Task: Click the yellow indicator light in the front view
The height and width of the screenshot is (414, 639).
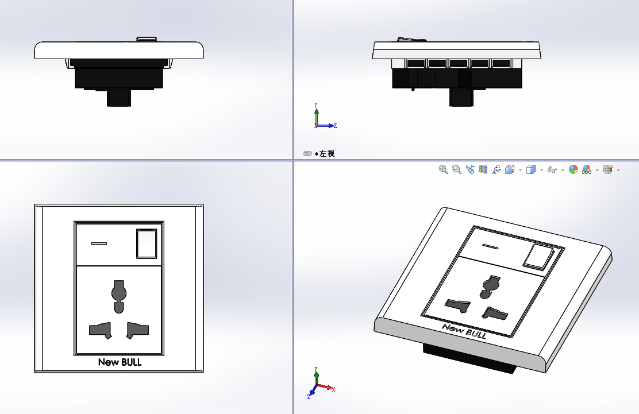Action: click(99, 243)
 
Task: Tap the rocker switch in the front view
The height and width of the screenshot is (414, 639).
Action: click(147, 243)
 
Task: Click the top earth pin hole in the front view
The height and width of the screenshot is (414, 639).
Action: click(119, 296)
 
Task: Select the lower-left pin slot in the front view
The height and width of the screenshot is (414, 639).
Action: click(100, 330)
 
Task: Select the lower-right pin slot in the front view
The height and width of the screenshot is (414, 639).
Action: click(137, 330)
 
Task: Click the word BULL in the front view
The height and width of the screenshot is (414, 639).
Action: click(131, 362)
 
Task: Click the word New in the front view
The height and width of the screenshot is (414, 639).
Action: click(109, 362)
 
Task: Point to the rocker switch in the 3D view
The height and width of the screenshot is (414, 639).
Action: click(538, 257)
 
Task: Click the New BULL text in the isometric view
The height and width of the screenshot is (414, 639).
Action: click(464, 331)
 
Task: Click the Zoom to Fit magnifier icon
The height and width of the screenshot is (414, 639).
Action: click(444, 169)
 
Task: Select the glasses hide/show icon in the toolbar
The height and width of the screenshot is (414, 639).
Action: click(552, 170)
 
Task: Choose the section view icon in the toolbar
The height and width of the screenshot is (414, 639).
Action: click(483, 169)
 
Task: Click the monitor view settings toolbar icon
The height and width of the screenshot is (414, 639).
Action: click(607, 169)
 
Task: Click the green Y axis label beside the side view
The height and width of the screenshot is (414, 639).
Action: click(316, 105)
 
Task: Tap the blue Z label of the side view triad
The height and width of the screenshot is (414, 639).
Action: click(335, 126)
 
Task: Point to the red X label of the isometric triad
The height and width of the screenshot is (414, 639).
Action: click(333, 389)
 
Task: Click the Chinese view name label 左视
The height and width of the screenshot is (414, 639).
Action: click(327, 153)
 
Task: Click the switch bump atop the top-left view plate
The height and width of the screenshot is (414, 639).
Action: click(147, 39)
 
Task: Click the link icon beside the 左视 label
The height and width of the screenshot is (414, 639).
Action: click(307, 153)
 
